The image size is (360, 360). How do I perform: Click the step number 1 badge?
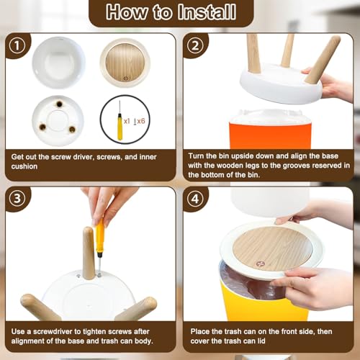17,45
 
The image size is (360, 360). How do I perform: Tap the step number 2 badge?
195,45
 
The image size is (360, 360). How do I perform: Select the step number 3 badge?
17,199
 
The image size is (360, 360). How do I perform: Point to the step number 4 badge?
195,199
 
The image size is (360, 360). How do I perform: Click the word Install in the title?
207,12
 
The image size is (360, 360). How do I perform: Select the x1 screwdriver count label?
127,121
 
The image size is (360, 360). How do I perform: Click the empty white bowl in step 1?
58,63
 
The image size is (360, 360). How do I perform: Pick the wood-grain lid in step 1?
125,63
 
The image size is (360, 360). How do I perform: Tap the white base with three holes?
58,121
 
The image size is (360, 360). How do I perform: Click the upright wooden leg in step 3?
89,253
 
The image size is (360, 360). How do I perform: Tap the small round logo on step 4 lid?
260,264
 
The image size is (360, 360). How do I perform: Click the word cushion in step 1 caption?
24,166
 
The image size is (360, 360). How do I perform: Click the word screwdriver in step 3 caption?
53,331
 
